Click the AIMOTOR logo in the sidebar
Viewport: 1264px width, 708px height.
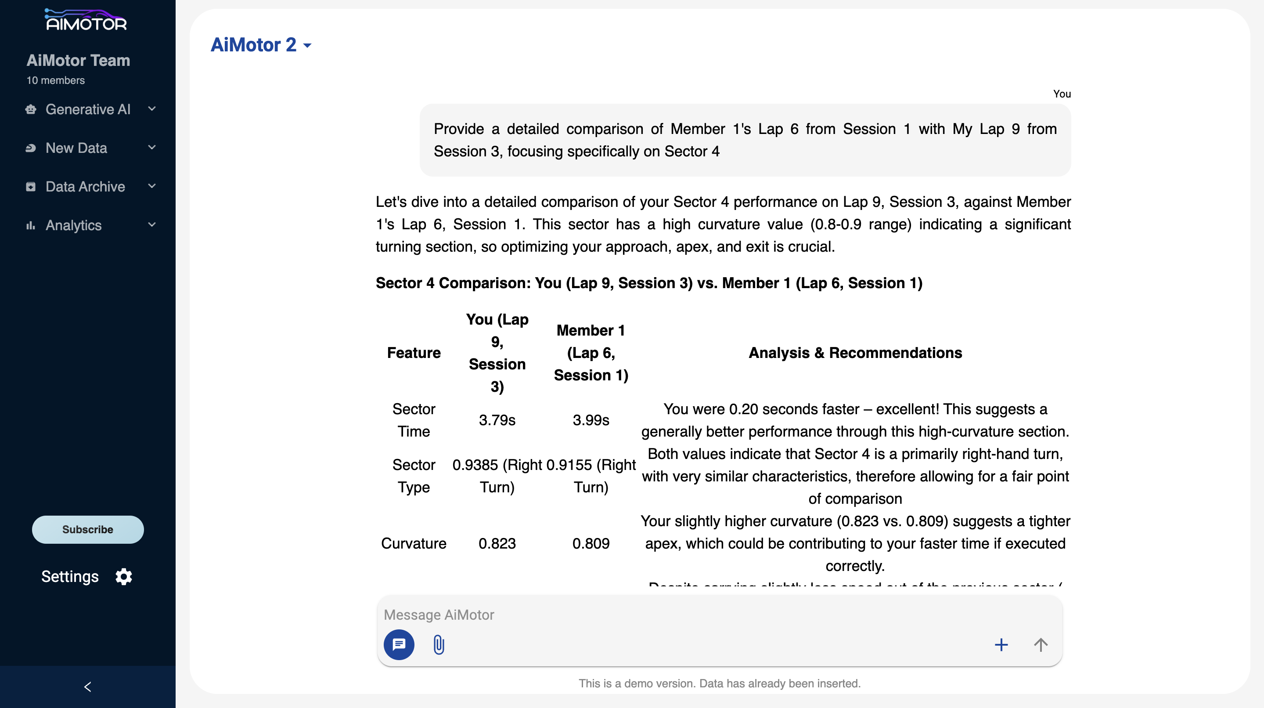coord(86,20)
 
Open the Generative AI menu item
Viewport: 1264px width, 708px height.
coord(88,109)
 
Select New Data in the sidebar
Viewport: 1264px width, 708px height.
coord(76,148)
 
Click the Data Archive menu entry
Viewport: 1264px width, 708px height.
coord(85,187)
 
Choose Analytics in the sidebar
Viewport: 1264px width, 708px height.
coord(74,225)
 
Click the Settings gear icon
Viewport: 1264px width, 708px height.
coord(124,576)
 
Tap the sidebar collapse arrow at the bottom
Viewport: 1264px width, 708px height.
coord(88,687)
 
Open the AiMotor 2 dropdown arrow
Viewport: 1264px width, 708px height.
coord(307,46)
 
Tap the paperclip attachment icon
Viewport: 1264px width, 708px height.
coord(439,645)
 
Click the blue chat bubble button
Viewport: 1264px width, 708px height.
coord(399,645)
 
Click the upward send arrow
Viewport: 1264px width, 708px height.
coord(1040,645)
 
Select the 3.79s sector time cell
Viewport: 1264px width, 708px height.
coord(497,420)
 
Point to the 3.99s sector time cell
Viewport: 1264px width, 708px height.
coord(591,420)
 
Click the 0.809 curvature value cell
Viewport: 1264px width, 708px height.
coord(591,544)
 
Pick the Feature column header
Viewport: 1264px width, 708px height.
coord(414,353)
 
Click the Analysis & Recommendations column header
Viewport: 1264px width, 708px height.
coord(855,353)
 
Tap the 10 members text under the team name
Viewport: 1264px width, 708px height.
coord(55,80)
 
